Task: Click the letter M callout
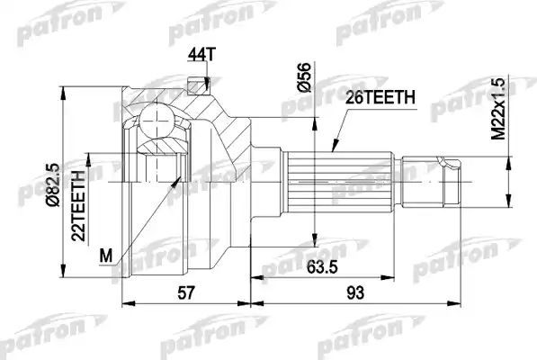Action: pos(106,256)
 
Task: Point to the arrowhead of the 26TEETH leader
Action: pos(334,148)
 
